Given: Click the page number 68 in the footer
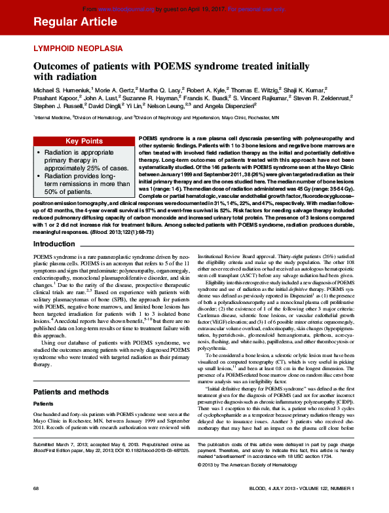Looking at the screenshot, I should click(37, 489).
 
